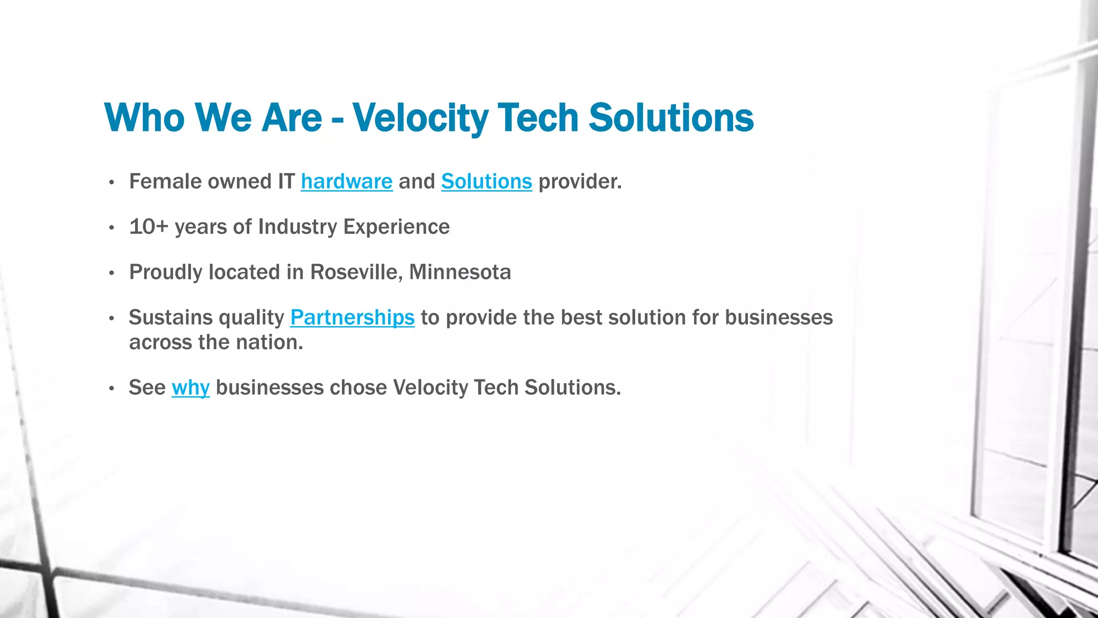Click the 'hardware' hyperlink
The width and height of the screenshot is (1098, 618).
point(346,182)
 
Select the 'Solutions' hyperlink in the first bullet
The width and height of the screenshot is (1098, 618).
point(486,182)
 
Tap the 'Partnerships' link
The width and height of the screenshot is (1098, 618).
point(352,318)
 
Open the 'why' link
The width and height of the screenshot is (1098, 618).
point(190,388)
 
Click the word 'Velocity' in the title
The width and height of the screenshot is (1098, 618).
point(420,118)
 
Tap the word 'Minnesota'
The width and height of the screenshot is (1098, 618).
point(460,273)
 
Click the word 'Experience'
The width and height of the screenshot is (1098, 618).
point(396,227)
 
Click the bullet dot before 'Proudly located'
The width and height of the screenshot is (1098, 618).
point(112,274)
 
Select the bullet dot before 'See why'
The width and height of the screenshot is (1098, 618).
point(112,389)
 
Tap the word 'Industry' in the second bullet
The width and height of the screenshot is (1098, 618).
point(298,227)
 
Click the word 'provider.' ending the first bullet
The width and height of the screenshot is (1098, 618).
point(580,182)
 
